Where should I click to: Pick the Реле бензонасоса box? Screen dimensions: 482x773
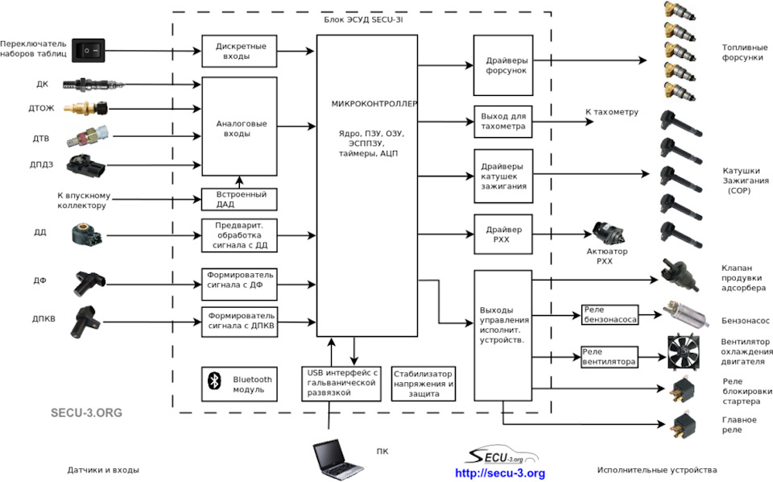click(610, 314)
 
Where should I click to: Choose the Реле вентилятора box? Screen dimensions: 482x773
click(610, 356)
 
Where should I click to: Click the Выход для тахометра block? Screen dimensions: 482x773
click(503, 121)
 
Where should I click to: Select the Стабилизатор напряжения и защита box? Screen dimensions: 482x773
click(422, 384)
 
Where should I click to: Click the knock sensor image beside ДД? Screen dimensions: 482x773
click(87, 235)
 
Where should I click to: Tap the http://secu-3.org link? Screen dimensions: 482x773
click(500, 473)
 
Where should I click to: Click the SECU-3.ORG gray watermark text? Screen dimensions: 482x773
click(86, 412)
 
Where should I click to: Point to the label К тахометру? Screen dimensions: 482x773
click(611, 112)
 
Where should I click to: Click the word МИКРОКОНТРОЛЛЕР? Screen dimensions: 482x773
click(375, 104)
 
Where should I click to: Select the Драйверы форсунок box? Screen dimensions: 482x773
click(503, 65)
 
